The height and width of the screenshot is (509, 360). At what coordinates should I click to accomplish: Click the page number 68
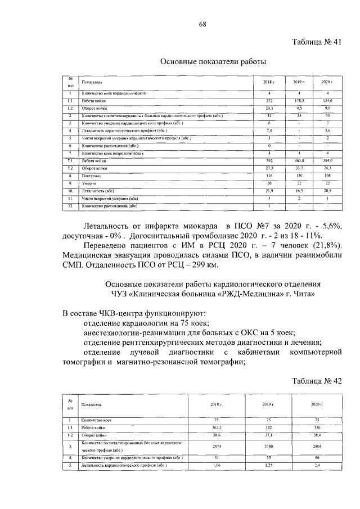202,24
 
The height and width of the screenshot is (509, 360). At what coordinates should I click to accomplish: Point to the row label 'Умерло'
88,183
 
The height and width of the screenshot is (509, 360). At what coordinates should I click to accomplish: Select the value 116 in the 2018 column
269,175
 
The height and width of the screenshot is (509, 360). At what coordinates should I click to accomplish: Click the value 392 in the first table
269,160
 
